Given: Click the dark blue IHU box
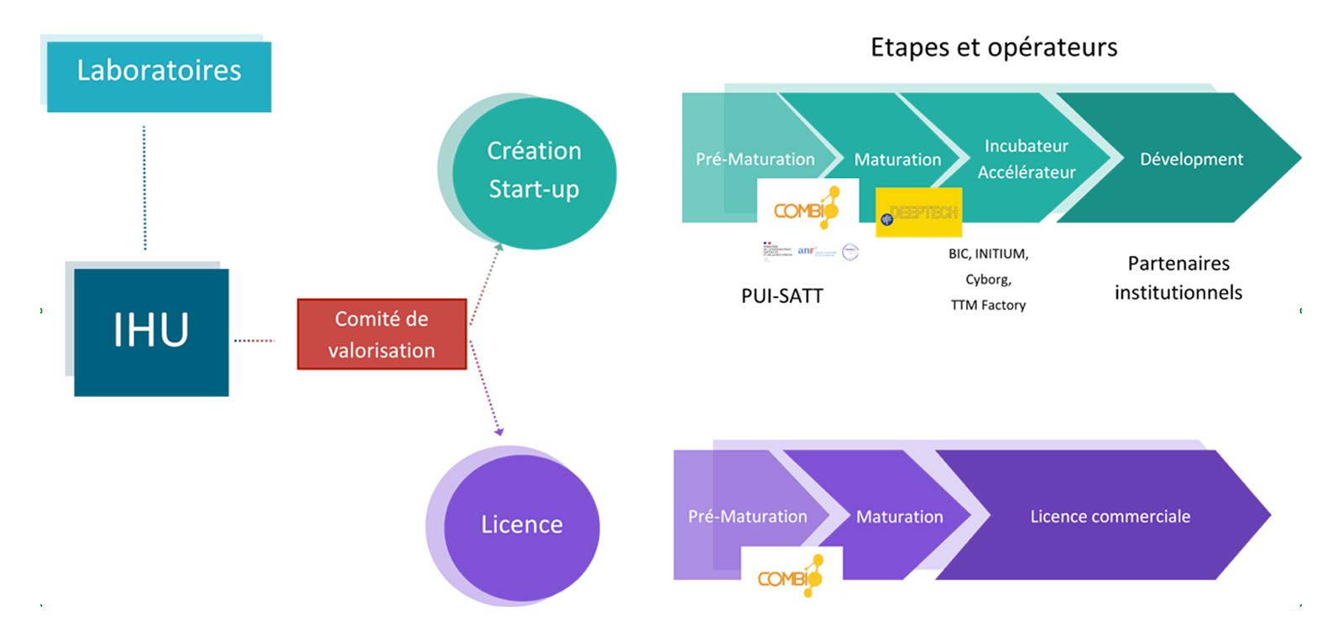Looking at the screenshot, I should pos(151,331).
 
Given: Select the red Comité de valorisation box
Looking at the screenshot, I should pos(382,334).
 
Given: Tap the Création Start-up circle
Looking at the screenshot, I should pos(534,171).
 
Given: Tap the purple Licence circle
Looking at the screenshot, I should pos(521,525).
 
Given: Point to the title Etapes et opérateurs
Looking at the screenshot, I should pos(994,48).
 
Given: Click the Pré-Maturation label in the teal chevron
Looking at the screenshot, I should pos(755,159).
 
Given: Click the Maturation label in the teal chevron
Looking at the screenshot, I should pos(897,159).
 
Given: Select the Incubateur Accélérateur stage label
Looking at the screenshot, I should pos(1026,159).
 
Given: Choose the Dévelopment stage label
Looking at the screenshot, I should pos(1191,159).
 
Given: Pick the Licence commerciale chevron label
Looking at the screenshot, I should pos(1110,517).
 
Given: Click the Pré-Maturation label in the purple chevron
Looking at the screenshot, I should pos(747,517).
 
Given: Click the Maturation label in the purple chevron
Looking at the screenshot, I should pos(899,517).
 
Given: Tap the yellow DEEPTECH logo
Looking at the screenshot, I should pos(918,213).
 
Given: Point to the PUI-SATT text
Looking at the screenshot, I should pos(781,296).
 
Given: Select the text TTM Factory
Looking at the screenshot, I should pos(988,305).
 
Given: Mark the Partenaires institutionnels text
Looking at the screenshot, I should pos(1178,278).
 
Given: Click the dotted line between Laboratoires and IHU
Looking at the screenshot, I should pos(144,188).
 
